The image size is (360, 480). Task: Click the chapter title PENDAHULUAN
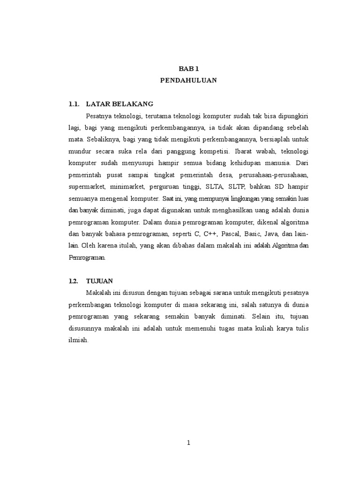click(x=188, y=80)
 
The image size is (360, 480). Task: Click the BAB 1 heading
click(x=188, y=68)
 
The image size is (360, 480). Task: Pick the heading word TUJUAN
click(x=99, y=281)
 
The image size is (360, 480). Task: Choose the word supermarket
click(x=87, y=186)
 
